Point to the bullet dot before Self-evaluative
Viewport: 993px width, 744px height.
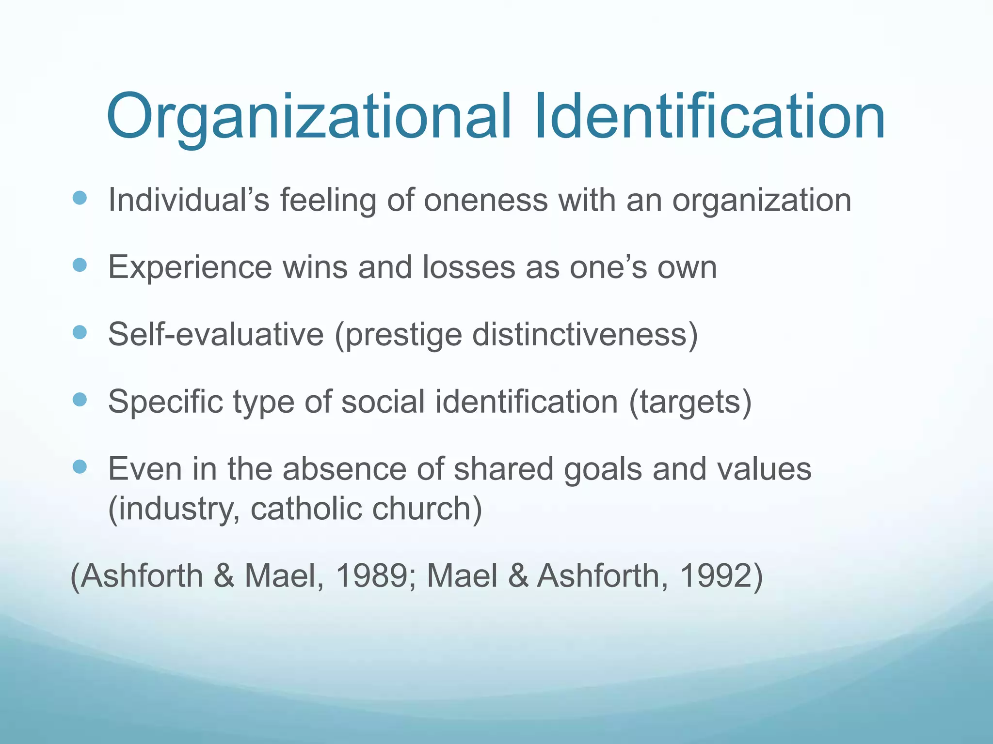(80, 332)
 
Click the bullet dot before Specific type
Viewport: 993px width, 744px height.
(80, 400)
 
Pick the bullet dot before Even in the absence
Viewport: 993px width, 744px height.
(80, 467)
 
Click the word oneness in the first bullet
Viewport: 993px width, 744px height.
(485, 200)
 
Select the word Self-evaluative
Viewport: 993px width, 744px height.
(216, 334)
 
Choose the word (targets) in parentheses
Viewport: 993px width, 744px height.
(690, 402)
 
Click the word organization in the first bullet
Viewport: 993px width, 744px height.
(761, 201)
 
